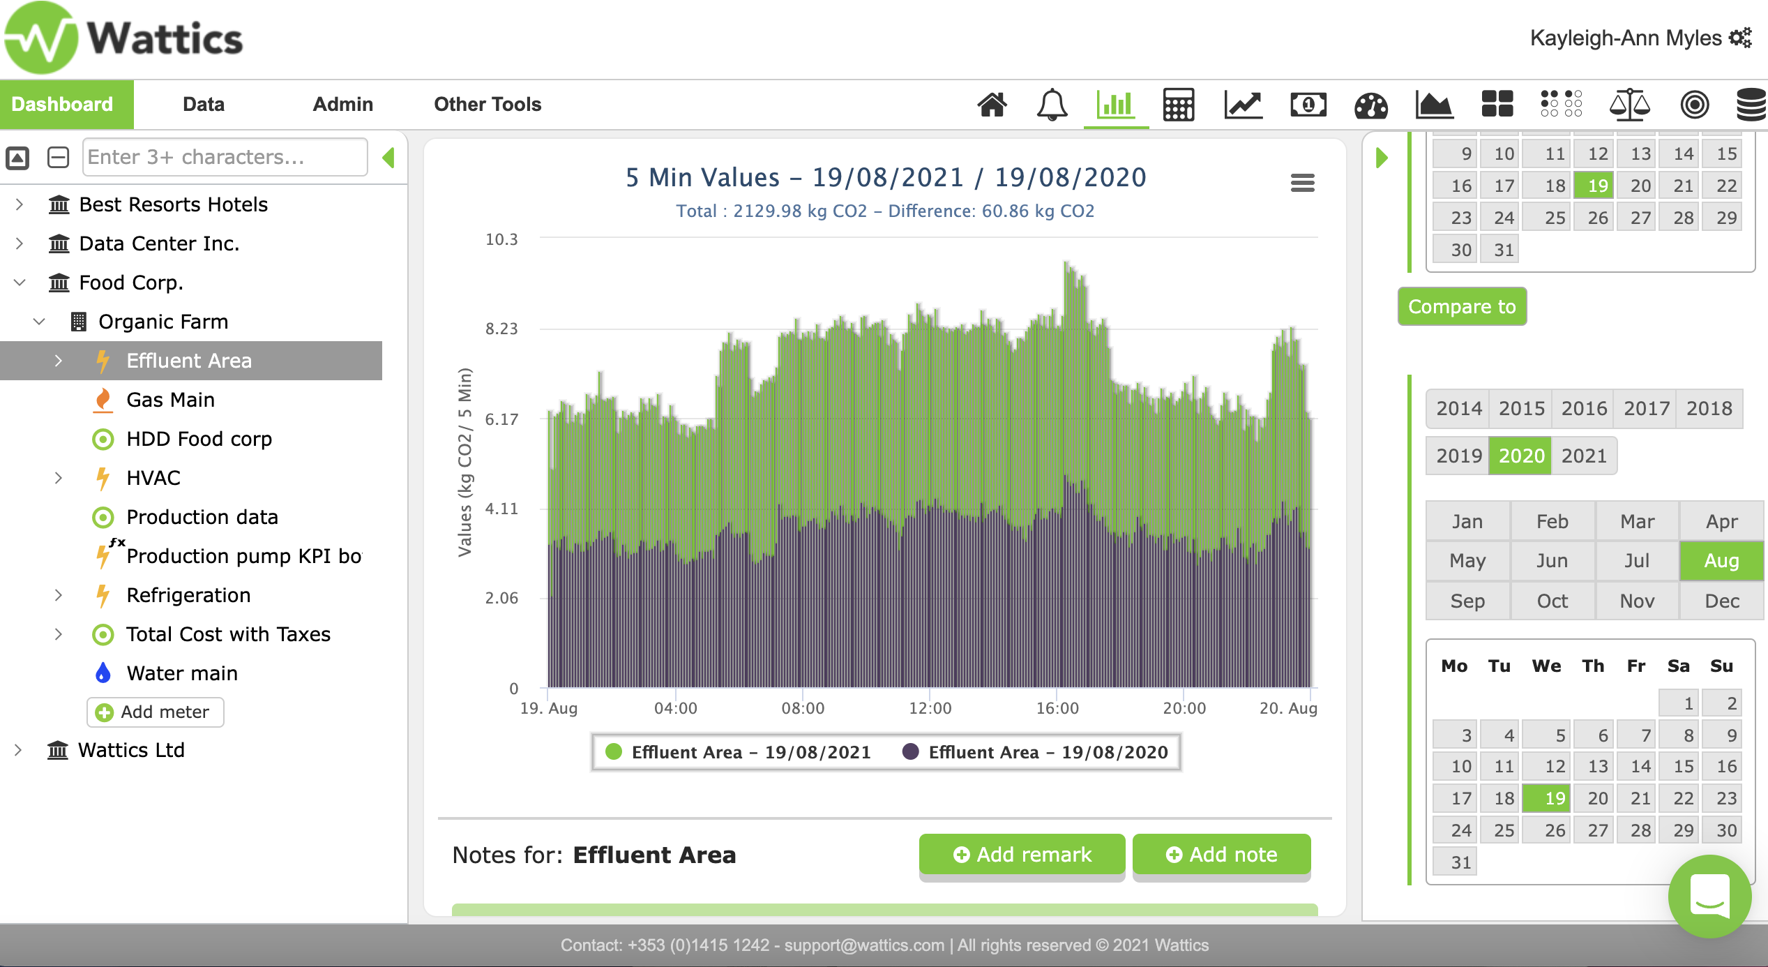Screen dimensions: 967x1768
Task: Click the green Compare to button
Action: point(1462,306)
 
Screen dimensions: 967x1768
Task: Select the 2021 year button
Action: point(1584,456)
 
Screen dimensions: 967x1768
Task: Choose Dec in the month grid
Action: point(1721,601)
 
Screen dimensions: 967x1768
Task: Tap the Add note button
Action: point(1221,854)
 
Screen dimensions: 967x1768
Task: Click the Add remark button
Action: point(1022,854)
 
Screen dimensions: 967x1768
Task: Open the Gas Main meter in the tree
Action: point(170,400)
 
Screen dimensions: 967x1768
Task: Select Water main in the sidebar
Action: point(182,673)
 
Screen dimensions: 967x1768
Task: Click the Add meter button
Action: point(155,712)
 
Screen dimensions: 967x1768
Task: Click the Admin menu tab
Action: point(342,105)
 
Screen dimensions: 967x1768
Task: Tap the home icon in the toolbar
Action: point(992,105)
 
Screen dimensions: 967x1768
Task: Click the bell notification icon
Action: point(1052,105)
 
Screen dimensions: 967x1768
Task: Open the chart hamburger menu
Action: point(1302,183)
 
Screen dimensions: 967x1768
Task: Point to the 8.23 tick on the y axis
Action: point(501,329)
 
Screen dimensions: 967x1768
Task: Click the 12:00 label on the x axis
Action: point(930,708)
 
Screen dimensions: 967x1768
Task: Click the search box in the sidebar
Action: point(225,157)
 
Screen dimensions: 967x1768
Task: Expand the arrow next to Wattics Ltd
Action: point(19,750)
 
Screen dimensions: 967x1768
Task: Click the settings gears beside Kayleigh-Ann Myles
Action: point(1740,38)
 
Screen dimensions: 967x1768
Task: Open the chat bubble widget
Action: point(1709,897)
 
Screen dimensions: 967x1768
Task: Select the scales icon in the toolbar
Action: point(1629,105)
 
